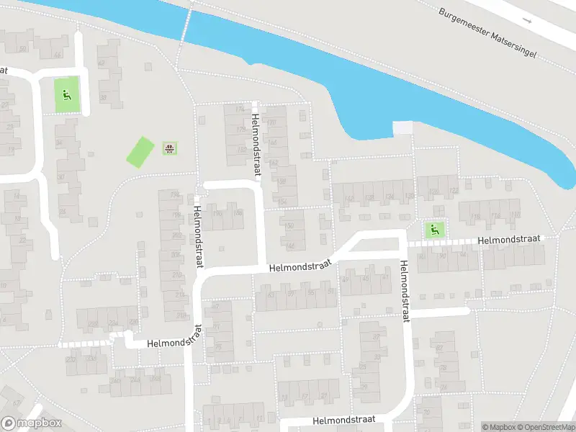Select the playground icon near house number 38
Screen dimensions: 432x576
(x=67, y=94)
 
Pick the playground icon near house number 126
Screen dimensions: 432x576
(x=433, y=230)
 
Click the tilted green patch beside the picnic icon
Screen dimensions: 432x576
(x=140, y=153)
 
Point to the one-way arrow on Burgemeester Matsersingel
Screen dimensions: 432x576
(x=528, y=21)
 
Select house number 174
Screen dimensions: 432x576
(x=240, y=109)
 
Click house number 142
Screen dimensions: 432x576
(x=350, y=198)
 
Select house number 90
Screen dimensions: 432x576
(x=443, y=256)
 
